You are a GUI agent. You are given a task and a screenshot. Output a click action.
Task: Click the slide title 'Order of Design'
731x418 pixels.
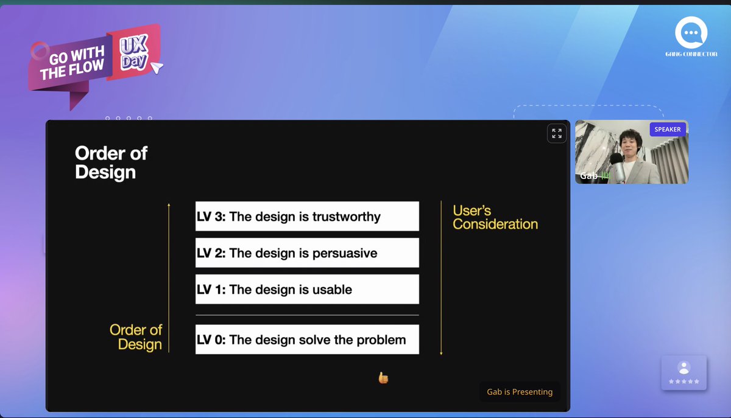111,162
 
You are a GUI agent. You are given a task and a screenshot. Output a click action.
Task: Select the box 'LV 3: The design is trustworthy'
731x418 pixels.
307,217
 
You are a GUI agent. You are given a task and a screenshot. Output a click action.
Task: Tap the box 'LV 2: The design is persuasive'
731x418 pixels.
307,253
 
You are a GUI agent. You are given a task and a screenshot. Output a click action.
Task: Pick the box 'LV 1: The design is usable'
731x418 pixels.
307,290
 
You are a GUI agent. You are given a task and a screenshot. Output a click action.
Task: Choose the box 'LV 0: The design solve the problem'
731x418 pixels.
307,340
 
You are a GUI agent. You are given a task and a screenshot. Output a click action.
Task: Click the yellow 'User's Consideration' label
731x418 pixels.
495,218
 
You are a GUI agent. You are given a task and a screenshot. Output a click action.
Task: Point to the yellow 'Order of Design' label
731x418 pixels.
136,337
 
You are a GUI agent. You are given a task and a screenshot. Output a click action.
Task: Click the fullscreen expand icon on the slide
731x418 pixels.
557,133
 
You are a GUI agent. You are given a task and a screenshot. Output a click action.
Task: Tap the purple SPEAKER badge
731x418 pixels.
668,130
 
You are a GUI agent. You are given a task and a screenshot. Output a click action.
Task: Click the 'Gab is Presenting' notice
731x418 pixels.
520,392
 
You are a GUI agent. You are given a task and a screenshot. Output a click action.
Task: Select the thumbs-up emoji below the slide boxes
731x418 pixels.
383,378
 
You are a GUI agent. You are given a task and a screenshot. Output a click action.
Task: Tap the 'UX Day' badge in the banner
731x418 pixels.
133,54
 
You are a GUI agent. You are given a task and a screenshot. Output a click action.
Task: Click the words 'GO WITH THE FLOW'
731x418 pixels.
72,64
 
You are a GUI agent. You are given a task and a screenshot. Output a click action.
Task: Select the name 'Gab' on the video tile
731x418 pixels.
588,176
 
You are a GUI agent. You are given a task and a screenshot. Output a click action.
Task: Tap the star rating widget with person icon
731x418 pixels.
683,372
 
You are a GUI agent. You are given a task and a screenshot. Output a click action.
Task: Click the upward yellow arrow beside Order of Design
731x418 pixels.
169,277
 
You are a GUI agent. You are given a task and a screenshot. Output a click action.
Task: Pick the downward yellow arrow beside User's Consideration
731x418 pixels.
441,277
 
